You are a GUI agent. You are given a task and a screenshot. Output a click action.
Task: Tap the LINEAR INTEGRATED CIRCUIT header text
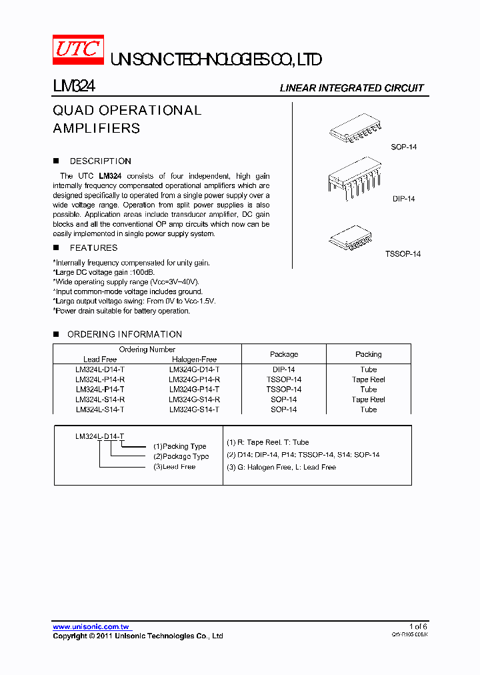[x=351, y=88]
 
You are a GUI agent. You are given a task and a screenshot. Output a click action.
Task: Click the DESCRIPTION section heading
[x=100, y=161]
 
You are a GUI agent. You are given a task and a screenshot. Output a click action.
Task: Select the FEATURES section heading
[x=93, y=247]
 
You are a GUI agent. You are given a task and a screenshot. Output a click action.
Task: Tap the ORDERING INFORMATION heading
[x=124, y=334]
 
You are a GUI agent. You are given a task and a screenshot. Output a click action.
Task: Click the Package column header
[x=284, y=354]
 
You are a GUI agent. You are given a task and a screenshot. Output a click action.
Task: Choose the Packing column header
[x=368, y=354]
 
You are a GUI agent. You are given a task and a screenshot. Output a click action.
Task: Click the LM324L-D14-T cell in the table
[x=100, y=370]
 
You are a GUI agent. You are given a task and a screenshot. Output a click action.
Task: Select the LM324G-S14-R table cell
[x=194, y=400]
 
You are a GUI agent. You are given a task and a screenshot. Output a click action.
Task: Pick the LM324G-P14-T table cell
[x=194, y=390]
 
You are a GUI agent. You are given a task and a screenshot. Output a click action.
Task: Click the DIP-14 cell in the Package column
[x=284, y=370]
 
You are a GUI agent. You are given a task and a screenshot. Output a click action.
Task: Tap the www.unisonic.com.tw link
[x=91, y=626]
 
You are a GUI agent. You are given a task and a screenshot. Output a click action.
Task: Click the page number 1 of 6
[x=418, y=626]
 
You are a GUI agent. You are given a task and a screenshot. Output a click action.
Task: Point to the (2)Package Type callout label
[x=181, y=456]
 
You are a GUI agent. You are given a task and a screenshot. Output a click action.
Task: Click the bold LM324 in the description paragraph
[x=109, y=176]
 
